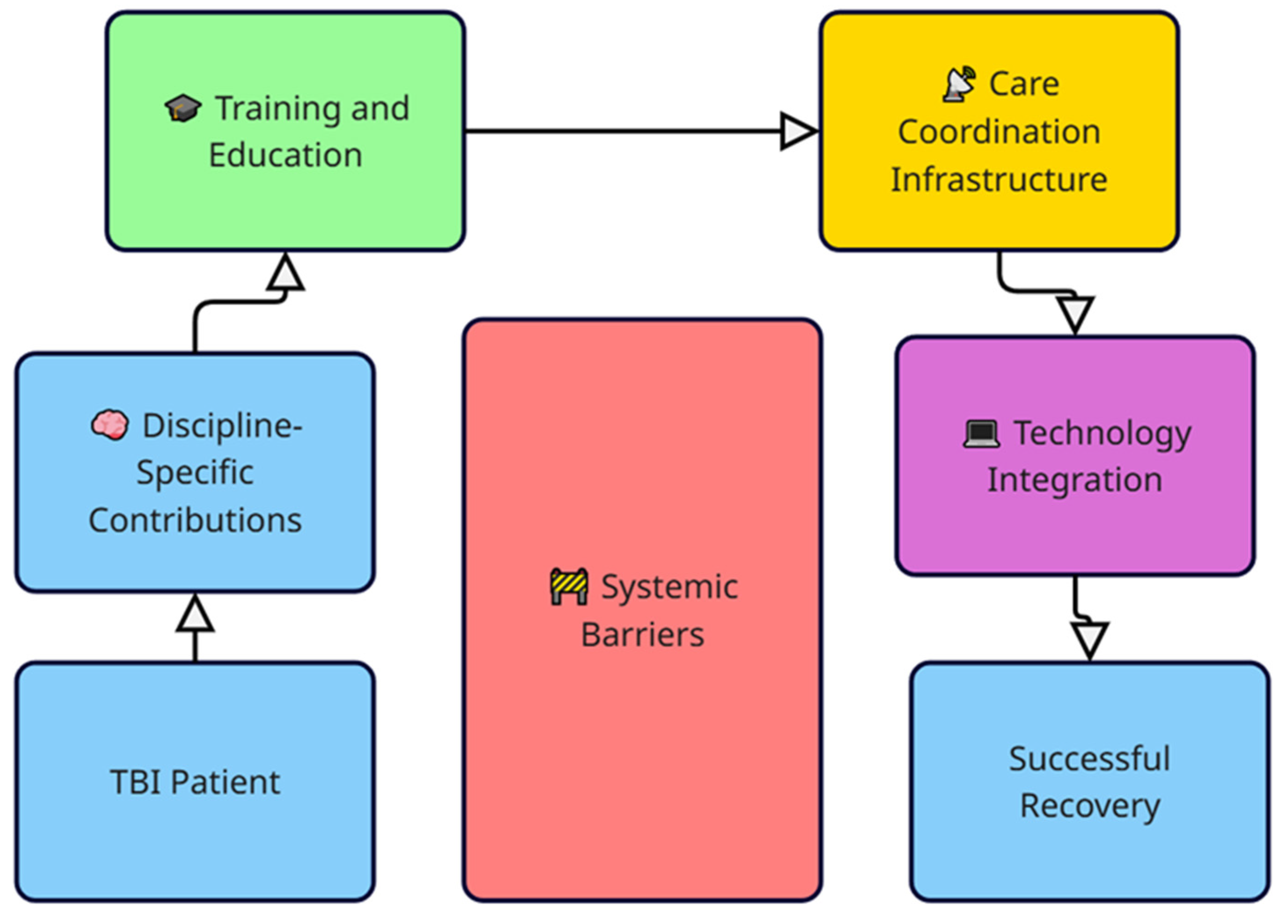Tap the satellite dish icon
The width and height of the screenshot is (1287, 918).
coord(959,85)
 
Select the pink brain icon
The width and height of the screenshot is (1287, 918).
coord(110,425)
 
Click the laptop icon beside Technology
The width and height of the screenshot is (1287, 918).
coord(981,433)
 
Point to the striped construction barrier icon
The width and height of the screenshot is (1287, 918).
coord(569,587)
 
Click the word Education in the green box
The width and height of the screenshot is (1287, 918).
coord(286,155)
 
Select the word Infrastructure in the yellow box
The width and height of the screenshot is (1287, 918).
coord(999,180)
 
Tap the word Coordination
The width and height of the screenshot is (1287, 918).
coord(999,132)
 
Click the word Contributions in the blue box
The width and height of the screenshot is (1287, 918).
coord(195,520)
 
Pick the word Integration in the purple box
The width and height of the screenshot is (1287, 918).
coord(1075,480)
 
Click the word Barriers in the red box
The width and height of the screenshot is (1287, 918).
coord(642,635)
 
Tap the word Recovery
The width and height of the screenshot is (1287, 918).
coord(1090,806)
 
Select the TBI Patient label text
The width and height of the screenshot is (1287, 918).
coord(195,782)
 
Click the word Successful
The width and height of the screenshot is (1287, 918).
coord(1090,759)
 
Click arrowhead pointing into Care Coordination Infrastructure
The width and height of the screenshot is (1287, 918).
coord(797,131)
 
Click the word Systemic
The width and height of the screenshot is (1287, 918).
coord(669,587)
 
